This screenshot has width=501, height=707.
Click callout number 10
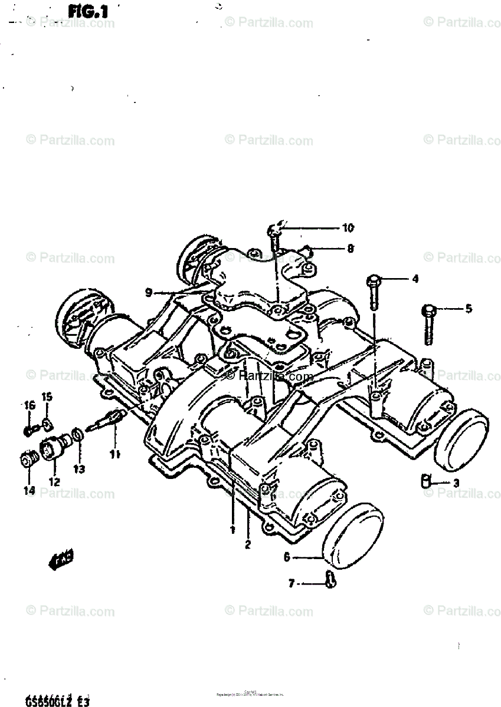[347, 227]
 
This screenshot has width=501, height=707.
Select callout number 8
[350, 249]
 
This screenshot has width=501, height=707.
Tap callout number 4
[415, 279]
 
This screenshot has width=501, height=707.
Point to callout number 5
[468, 308]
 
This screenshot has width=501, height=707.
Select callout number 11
[114, 454]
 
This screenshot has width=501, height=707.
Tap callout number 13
[78, 469]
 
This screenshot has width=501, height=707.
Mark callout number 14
[29, 490]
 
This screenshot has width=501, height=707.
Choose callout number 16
[29, 404]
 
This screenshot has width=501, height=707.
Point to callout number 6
[287, 556]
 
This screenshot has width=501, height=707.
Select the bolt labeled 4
[374, 292]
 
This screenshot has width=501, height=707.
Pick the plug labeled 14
[27, 460]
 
